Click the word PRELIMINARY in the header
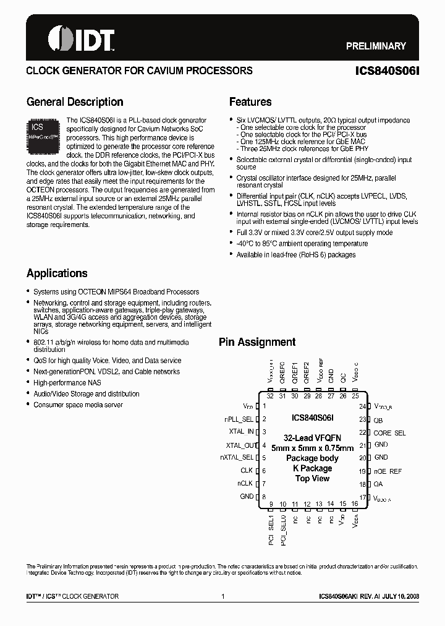(375, 46)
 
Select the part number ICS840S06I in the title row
(391, 71)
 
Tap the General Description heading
(75, 102)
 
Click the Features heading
(250, 102)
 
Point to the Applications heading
(57, 273)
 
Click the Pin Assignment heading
(257, 342)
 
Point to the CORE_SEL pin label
(389, 433)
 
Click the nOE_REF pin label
(388, 471)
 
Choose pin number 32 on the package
(270, 396)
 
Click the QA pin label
(378, 484)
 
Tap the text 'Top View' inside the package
(312, 478)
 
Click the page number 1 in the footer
(222, 596)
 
